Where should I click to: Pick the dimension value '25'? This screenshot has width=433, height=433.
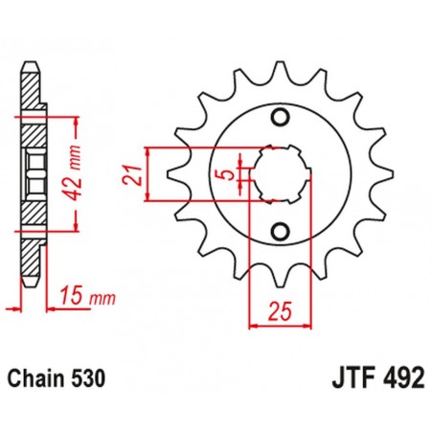279,312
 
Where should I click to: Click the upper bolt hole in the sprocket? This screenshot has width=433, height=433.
280,118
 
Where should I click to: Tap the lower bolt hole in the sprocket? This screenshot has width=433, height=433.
280,232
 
